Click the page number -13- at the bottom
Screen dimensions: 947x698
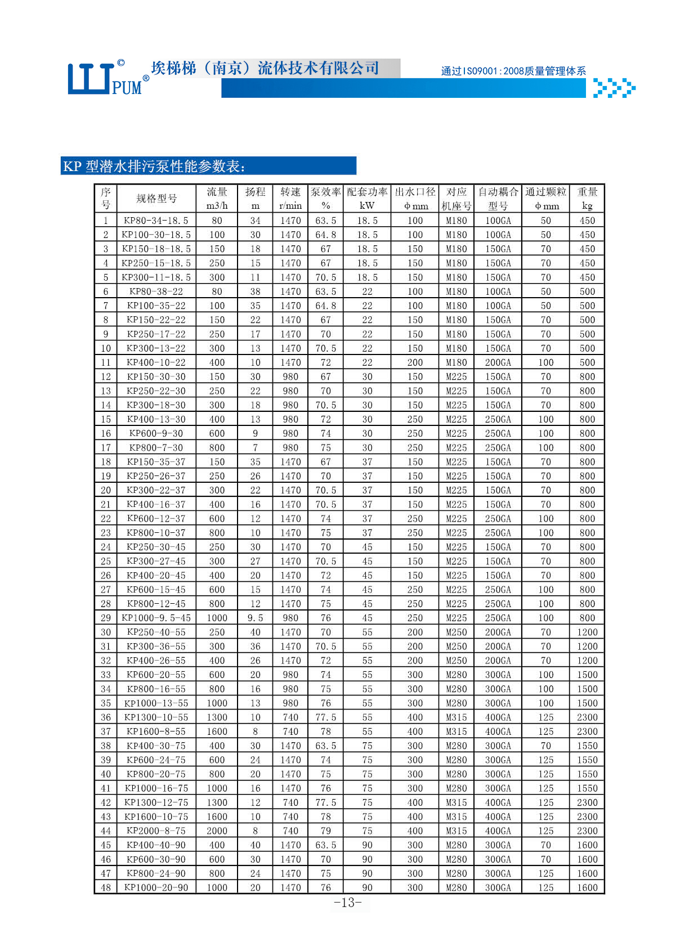pos(348,903)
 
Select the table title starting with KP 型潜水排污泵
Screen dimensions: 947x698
pos(154,167)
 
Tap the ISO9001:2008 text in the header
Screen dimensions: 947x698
pos(513,71)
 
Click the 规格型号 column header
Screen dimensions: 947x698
pos(156,199)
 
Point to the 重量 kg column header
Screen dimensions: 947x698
pos(587,199)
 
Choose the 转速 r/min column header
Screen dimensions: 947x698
pos(290,199)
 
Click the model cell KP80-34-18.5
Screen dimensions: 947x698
pos(156,221)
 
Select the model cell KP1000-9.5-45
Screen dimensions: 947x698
pos(156,618)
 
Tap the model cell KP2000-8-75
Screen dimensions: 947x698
pos(156,831)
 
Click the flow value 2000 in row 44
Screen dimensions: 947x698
pos(217,831)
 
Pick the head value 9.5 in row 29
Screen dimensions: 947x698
pos(255,618)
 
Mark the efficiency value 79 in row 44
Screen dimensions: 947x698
pos(325,831)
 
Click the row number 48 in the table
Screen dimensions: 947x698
pos(106,888)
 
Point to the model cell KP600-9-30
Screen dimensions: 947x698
pos(156,433)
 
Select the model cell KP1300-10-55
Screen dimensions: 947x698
pos(156,717)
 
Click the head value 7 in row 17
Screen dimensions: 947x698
pos(255,448)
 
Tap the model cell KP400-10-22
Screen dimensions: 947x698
pos(156,362)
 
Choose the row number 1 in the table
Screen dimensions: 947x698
pos(106,221)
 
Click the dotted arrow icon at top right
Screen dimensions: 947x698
pos(614,88)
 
